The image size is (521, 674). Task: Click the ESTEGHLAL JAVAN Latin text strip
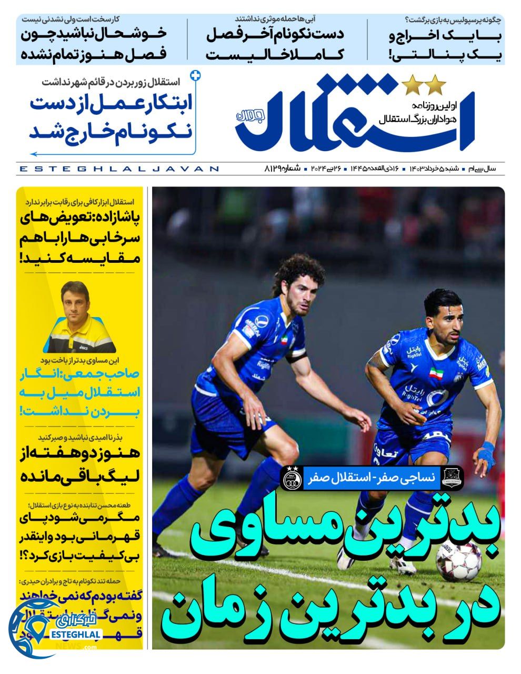[x=118, y=169]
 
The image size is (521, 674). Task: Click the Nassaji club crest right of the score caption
[x=452, y=478]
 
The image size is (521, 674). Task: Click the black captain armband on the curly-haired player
[x=296, y=358]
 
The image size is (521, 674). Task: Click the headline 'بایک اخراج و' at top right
[x=445, y=38]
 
